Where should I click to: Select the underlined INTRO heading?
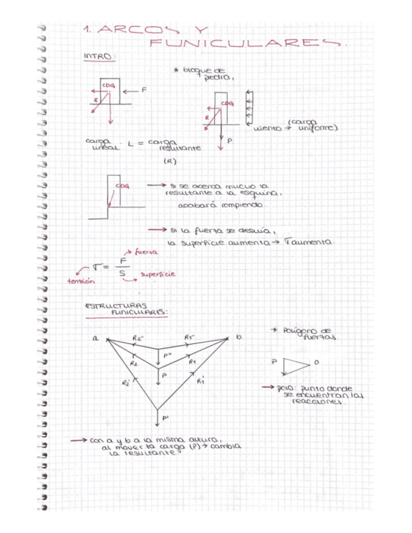(99, 57)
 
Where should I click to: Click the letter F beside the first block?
(144, 90)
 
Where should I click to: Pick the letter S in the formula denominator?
(122, 274)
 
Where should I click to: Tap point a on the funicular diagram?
(96, 338)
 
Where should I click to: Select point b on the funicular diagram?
(239, 338)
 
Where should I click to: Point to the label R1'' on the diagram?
(189, 337)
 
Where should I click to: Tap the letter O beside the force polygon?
(316, 363)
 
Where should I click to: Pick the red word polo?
(283, 388)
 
